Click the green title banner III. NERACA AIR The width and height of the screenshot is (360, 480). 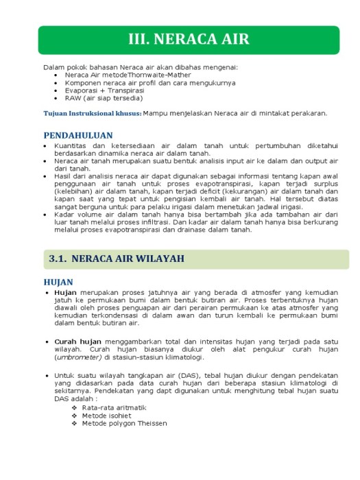(x=189, y=39)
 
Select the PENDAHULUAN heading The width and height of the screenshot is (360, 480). (x=77, y=136)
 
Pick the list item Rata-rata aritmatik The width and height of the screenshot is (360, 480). (x=114, y=407)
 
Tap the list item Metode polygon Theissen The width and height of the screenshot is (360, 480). (x=124, y=423)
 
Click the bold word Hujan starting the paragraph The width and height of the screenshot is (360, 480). (x=67, y=292)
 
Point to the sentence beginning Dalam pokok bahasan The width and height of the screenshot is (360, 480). (x=141, y=67)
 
